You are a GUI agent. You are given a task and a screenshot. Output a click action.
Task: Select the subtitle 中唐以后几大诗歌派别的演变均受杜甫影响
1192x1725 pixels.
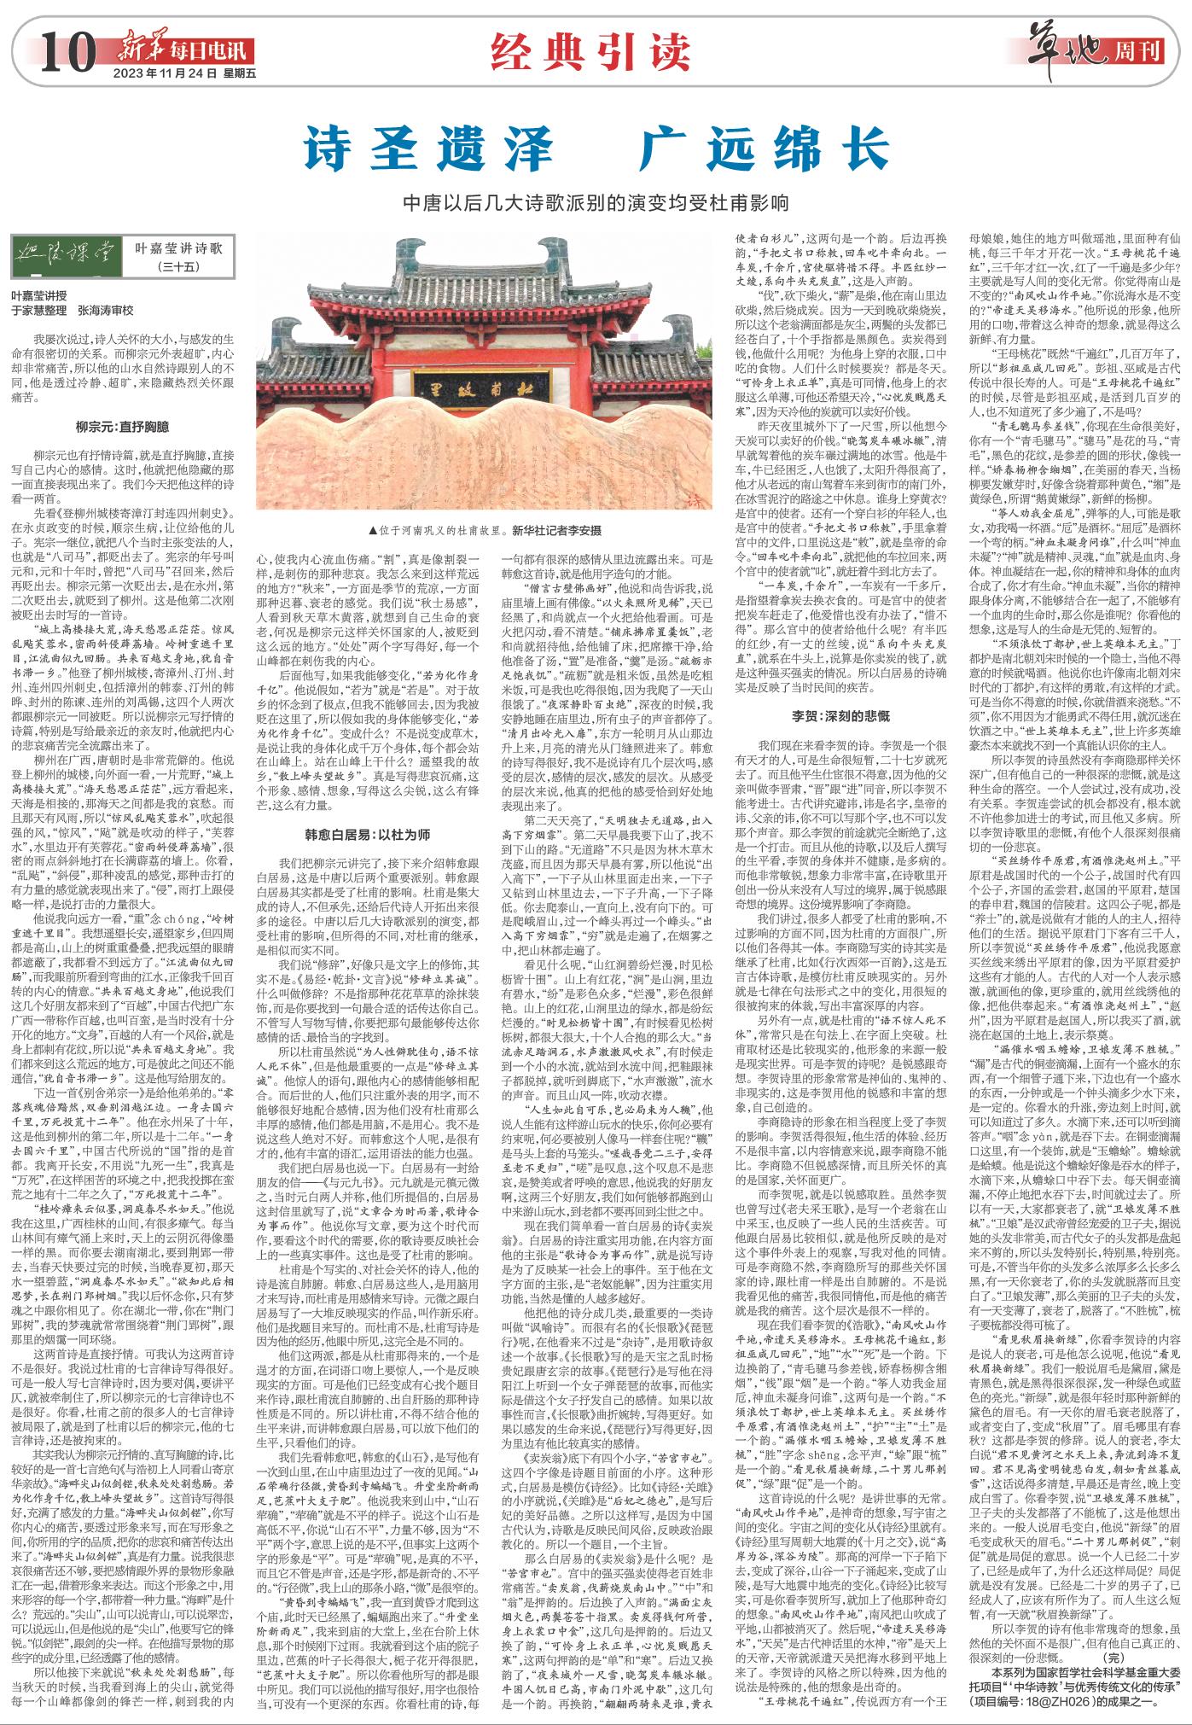coord(596,204)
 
